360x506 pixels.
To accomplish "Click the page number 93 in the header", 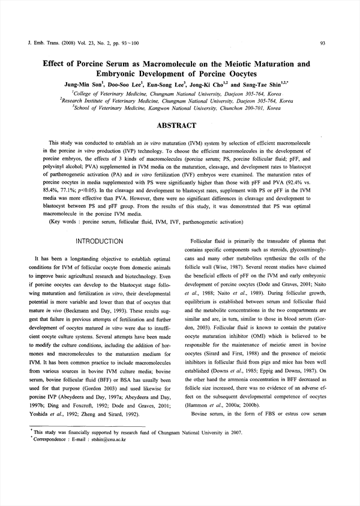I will (x=322, y=43).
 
